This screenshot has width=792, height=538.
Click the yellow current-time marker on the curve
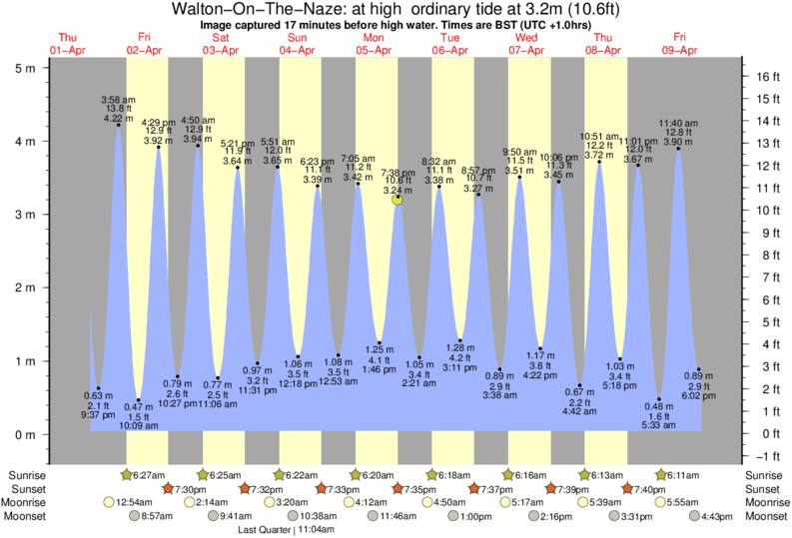click(x=397, y=200)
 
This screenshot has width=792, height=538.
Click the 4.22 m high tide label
click(x=118, y=118)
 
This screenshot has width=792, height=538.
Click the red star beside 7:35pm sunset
click(x=397, y=488)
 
